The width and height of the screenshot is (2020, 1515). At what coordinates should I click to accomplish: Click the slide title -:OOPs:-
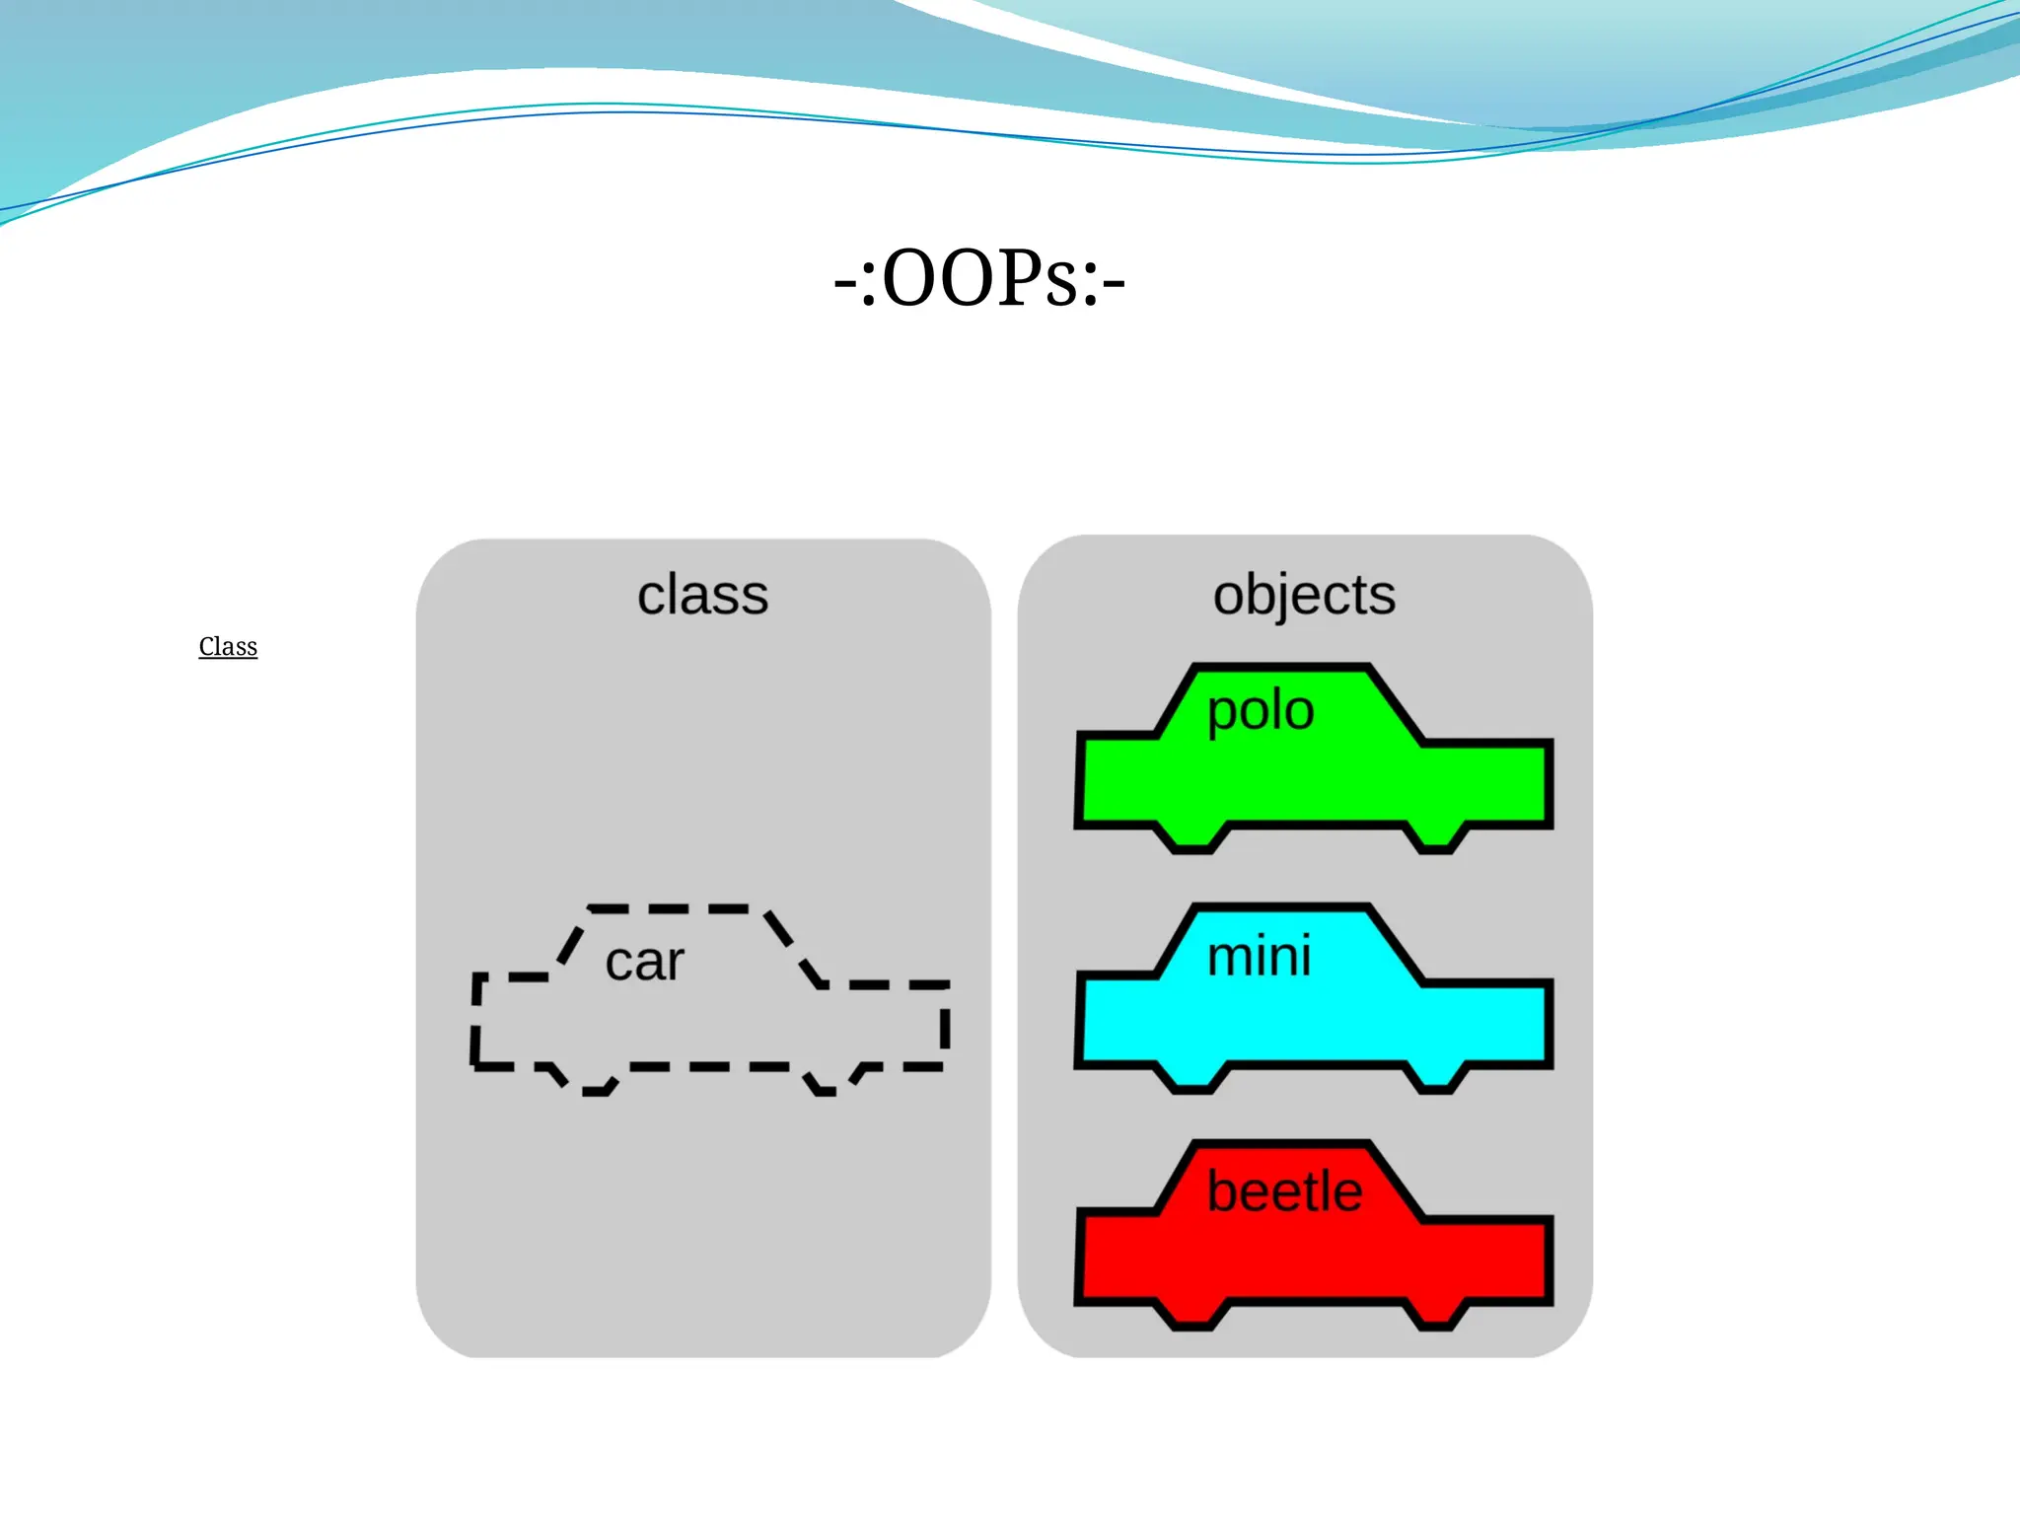[x=979, y=279]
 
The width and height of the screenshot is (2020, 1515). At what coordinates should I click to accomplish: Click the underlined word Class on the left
[x=228, y=647]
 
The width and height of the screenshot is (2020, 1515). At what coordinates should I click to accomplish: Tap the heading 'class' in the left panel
[x=702, y=595]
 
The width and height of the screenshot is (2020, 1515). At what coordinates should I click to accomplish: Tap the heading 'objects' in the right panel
[x=1304, y=595]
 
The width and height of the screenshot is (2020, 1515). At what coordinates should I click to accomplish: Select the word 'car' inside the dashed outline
[x=644, y=962]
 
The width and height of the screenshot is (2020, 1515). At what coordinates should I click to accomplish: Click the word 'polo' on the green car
[x=1261, y=710]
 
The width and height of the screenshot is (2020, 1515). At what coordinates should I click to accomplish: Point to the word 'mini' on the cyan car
[x=1260, y=956]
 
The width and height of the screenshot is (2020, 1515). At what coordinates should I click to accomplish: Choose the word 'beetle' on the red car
[x=1284, y=1191]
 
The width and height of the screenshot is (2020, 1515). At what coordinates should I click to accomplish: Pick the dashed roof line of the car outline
[x=681, y=908]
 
